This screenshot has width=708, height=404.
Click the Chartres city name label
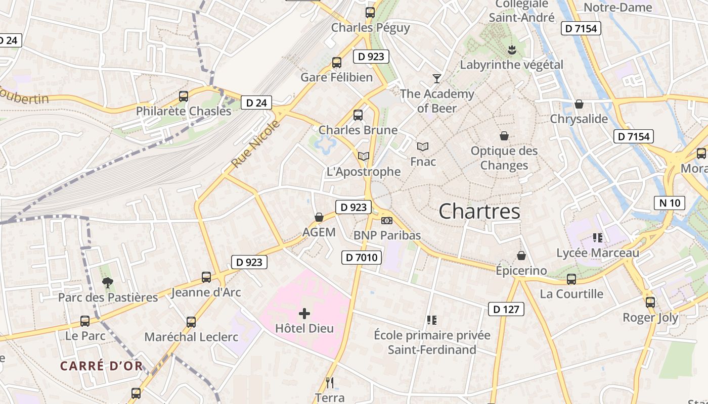479,211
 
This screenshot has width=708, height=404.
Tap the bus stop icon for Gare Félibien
337,63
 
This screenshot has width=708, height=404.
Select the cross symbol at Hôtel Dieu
304,314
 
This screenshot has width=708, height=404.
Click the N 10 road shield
670,203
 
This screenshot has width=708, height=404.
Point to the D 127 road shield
506,309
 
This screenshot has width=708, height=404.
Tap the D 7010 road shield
361,258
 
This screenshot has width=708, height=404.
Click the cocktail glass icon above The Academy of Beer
437,78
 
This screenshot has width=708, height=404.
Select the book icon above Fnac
423,146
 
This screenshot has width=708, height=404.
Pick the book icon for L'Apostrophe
364,157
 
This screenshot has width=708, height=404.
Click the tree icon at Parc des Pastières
107,282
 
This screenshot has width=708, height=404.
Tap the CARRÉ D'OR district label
101,366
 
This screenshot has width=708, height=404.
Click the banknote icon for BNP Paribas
387,221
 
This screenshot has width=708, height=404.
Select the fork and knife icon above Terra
330,382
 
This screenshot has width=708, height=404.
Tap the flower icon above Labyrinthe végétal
511,49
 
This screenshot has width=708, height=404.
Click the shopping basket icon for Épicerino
521,256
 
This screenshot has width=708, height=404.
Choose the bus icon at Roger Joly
650,302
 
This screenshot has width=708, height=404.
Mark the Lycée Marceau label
598,252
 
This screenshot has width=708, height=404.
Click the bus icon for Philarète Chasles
184,96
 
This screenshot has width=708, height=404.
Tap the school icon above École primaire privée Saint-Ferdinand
431,320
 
